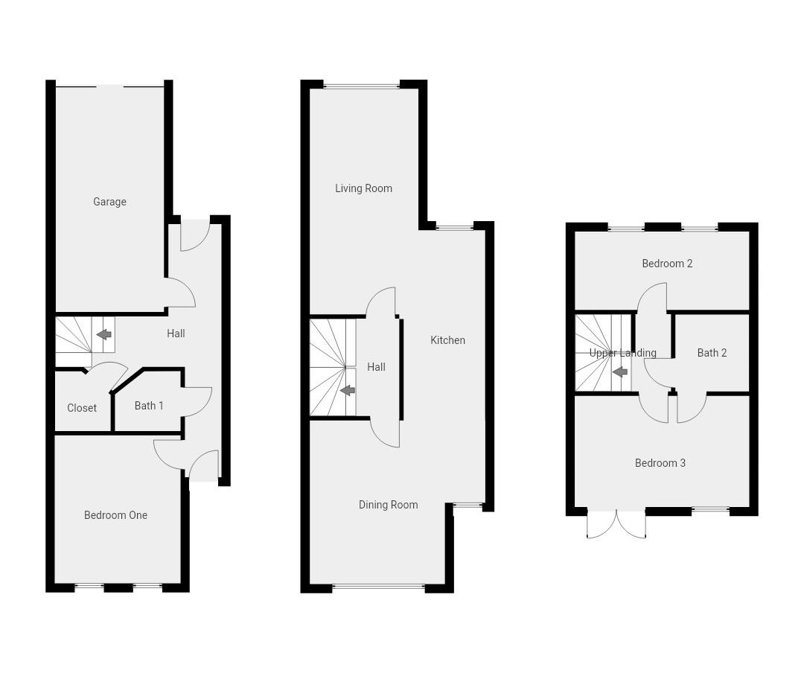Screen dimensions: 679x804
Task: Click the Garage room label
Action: point(109,202)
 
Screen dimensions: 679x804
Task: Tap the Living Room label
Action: point(363,188)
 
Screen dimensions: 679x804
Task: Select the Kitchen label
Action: point(447,340)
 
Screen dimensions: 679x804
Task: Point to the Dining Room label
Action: point(388,505)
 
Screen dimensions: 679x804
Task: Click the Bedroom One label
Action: point(115,515)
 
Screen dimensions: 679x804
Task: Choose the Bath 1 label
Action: point(149,406)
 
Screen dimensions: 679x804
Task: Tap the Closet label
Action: point(82,408)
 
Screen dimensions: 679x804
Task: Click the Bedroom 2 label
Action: point(667,264)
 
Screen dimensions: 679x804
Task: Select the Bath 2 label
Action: point(712,353)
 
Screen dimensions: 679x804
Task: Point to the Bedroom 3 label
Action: point(660,463)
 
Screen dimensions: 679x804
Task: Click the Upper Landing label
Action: point(622,353)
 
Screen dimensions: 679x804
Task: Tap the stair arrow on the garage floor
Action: point(103,334)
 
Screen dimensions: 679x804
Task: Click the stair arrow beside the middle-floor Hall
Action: point(347,391)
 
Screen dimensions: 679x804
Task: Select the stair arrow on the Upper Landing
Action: point(619,372)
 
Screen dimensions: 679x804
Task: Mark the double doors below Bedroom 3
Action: point(616,523)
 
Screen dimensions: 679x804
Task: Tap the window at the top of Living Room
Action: point(362,86)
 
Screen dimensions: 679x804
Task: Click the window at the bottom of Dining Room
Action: point(378,587)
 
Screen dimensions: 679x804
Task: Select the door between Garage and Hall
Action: point(181,293)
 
